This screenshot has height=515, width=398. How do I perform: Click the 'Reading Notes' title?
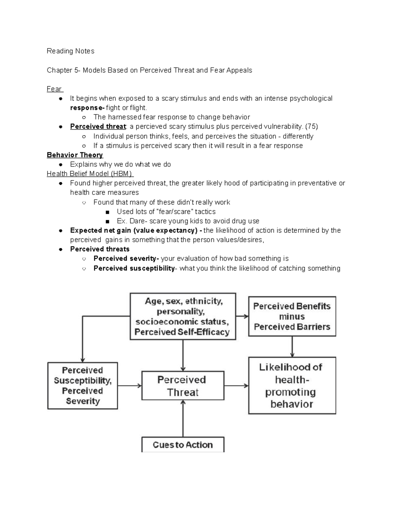pos(70,51)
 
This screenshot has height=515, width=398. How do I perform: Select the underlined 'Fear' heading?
pos(54,89)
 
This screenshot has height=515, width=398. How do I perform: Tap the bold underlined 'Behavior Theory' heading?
pos(75,155)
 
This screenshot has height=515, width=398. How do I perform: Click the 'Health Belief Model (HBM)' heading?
pos(90,174)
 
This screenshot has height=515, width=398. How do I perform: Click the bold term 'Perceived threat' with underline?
pos(98,126)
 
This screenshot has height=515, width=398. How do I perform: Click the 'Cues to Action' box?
pos(183,445)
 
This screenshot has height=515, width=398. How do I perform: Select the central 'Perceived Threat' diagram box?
pos(183,386)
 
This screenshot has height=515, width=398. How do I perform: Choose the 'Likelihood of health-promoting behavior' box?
pos(292,385)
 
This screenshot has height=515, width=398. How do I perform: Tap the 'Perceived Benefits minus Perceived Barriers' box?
pos(292,316)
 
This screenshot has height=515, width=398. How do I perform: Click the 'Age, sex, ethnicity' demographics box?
pos(183,316)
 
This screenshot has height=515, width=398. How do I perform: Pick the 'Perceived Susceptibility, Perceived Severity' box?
pos(83,385)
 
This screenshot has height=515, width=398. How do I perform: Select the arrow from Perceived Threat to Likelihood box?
pos(236,386)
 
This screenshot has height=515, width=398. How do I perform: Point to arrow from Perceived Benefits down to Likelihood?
pos(292,347)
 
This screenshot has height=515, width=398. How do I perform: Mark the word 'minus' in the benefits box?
pos(292,317)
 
